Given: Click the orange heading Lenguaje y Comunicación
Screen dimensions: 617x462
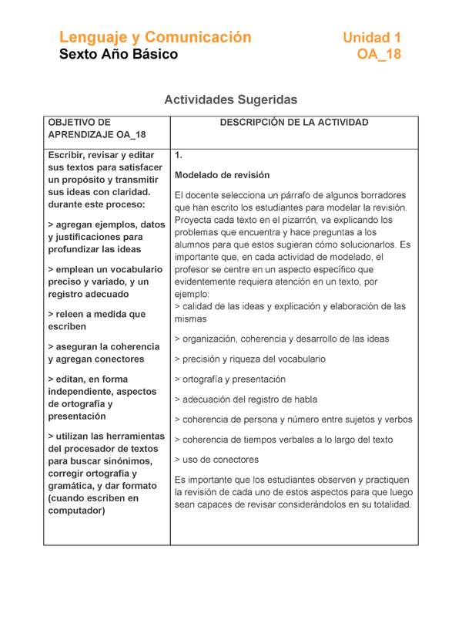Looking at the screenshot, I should click(x=156, y=37).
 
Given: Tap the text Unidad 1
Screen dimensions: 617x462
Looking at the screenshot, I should click(x=371, y=37).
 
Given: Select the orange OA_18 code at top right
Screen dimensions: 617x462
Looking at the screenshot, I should click(x=379, y=55).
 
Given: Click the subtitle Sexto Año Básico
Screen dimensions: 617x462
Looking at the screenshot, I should click(x=119, y=55).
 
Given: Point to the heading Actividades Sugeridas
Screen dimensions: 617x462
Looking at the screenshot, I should click(x=230, y=99).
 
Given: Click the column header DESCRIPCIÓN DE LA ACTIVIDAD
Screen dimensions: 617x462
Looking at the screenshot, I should click(x=294, y=123).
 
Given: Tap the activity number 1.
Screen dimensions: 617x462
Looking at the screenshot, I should click(x=179, y=155).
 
